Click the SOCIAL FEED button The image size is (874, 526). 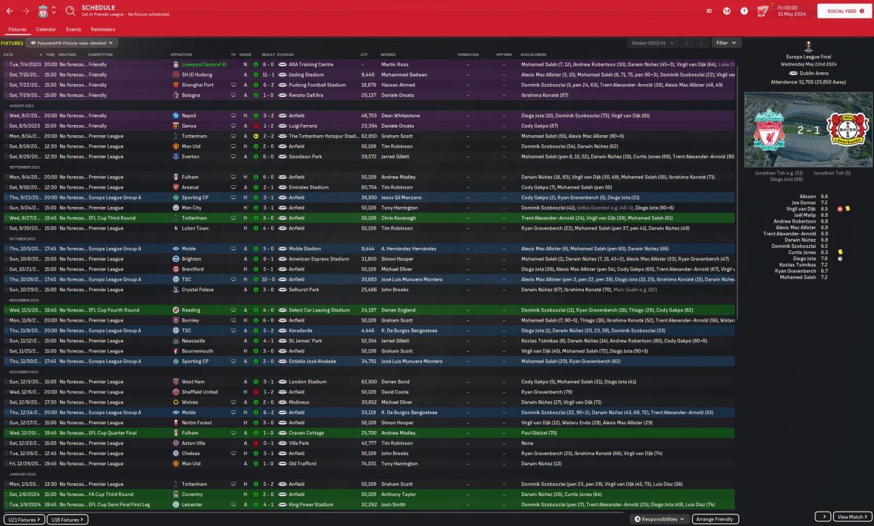844,11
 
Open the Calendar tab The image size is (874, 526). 46,29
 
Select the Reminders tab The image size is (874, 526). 103,29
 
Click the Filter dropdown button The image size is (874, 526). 726,43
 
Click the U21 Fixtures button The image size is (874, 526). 25,519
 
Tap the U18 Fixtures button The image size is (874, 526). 68,519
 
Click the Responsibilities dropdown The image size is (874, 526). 660,519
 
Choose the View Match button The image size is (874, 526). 853,517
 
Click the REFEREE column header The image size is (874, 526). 388,55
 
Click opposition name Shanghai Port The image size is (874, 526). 197,85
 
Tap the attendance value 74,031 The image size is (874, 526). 369,464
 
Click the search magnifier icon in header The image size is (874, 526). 70,11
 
